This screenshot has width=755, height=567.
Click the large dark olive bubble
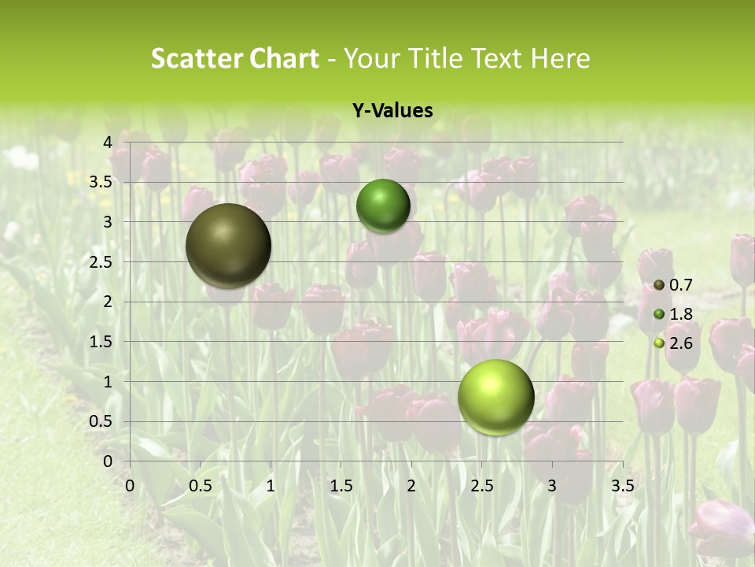click(x=228, y=246)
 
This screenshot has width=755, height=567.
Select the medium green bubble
click(x=383, y=206)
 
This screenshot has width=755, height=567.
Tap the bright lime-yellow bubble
click(x=495, y=397)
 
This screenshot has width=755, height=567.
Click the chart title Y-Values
click(x=392, y=111)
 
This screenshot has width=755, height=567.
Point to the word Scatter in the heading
click(x=196, y=58)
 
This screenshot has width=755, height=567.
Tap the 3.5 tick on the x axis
click(x=622, y=486)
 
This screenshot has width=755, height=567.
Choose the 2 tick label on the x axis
click(x=411, y=486)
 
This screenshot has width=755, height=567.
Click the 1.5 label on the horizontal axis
click(x=341, y=486)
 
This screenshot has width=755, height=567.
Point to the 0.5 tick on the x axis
click(x=201, y=486)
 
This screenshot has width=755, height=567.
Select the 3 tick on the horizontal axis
click(x=552, y=486)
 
